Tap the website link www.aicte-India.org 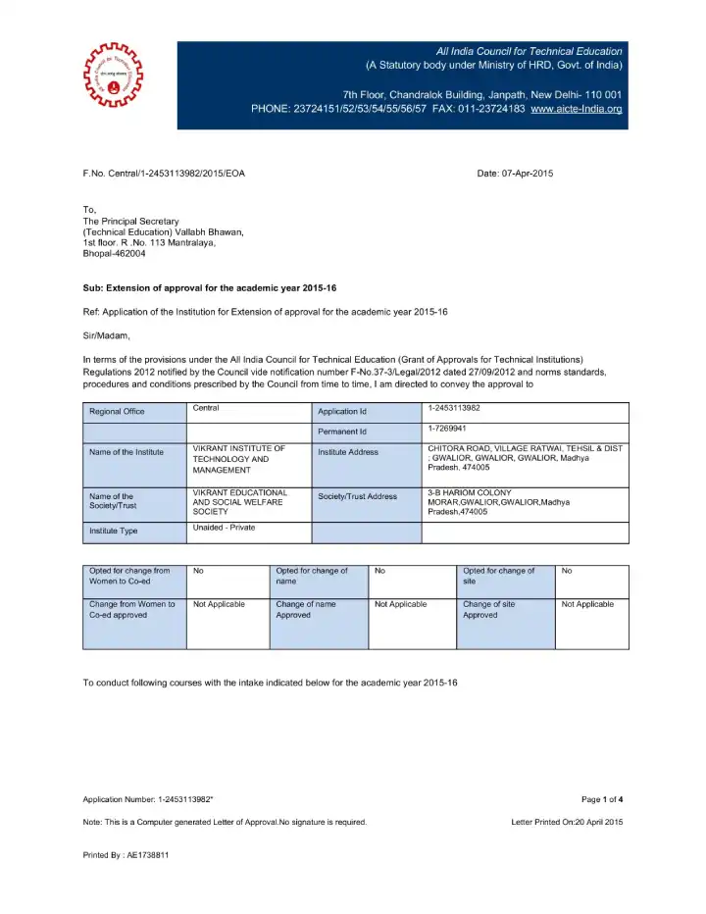pos(577,108)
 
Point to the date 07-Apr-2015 pos(515,174)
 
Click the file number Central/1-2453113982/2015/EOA pos(164,174)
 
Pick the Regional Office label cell pos(117,411)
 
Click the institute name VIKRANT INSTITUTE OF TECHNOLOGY pos(238,459)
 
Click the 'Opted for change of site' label pos(498,576)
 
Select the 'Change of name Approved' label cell pos(306,610)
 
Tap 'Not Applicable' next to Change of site pos(587,604)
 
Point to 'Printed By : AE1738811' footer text pos(126,855)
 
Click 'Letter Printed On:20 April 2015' pos(567,822)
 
